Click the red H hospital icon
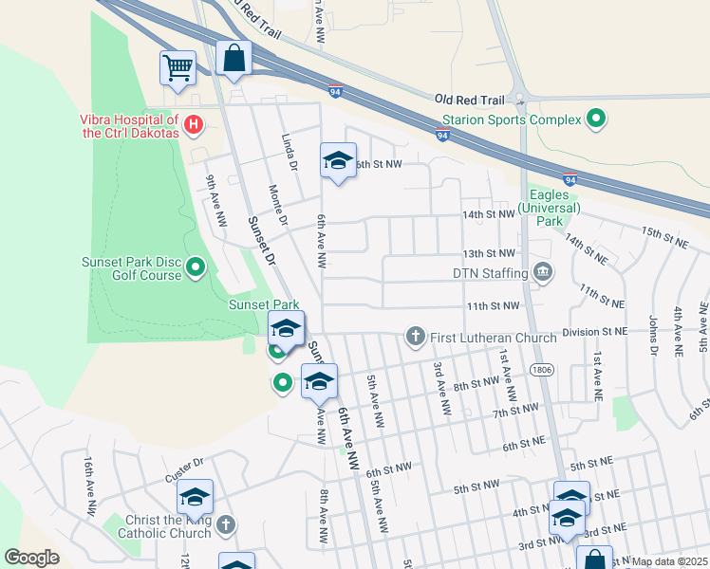pos(194,123)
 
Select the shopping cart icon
pos(177,68)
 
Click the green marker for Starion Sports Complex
pos(596,119)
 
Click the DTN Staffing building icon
pos(542,273)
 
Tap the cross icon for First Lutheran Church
pos(415,337)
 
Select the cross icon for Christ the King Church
pos(225,524)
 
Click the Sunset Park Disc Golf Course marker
pos(196,267)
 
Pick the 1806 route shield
pos(542,369)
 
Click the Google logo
pos(31,558)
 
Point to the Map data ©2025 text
pos(669,561)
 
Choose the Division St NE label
pos(594,333)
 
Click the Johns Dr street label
pos(652,334)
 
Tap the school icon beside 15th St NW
pos(337,160)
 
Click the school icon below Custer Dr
pos(195,497)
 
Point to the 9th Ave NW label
pos(216,199)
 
